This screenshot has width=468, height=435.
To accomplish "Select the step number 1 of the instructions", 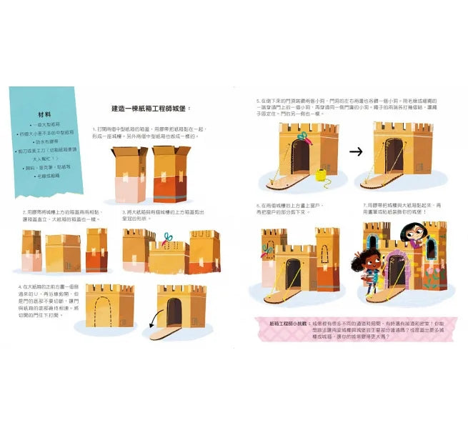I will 94,129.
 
